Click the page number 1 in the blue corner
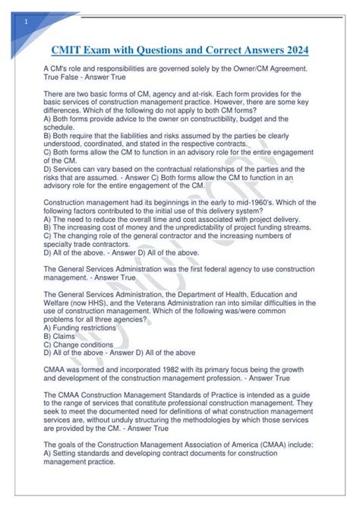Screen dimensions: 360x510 tap(27, 22)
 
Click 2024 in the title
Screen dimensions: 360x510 tap(290, 51)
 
